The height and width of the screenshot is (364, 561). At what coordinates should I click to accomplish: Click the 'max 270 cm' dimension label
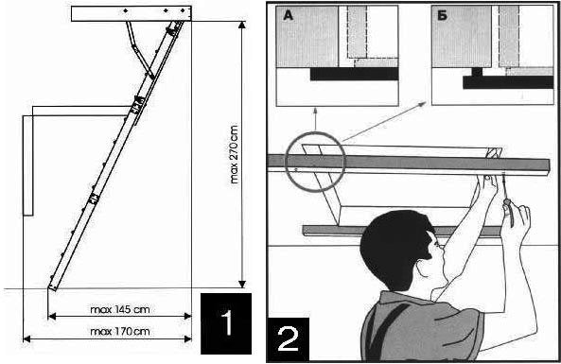coord(235,154)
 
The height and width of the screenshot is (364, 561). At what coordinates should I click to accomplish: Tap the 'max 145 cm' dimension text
coord(120,309)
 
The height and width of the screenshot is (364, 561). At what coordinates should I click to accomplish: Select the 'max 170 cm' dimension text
coord(120,332)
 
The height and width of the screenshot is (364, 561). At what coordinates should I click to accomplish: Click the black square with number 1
coord(226,323)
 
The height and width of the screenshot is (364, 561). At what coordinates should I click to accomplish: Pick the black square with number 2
coord(289,339)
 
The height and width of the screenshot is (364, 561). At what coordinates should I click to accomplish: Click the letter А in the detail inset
coord(289,16)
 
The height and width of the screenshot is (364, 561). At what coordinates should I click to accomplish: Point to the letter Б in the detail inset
coord(443,16)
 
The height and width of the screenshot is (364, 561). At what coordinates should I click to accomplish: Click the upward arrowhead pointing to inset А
coord(315,110)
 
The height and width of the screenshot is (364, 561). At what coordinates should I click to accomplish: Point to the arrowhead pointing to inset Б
coord(422,104)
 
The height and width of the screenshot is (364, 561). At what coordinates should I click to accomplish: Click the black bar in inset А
coord(354,74)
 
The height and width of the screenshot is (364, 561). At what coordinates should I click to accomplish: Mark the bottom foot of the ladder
coord(53,286)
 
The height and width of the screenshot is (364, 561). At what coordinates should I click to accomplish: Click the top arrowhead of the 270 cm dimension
coord(242,25)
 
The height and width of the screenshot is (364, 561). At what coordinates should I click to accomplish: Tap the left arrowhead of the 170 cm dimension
coord(27,338)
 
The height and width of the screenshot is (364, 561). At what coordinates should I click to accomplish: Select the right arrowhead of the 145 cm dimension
coord(187,316)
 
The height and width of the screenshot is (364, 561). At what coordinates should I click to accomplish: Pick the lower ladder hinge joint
coord(94,199)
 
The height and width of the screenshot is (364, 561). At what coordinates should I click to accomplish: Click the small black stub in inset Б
coord(477,72)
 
